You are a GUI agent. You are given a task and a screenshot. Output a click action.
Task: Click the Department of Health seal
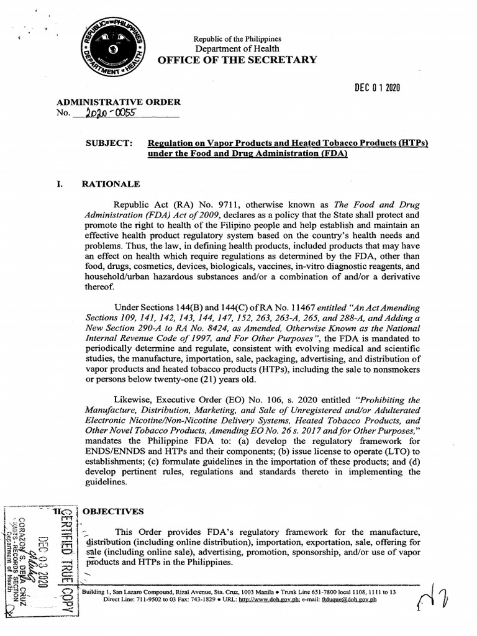pos(111,49)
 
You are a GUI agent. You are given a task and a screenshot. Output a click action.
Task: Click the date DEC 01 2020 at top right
pos(373,88)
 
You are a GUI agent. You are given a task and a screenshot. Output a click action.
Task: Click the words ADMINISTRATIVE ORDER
pos(119,102)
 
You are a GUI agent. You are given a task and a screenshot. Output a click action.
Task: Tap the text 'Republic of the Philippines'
pos(237,39)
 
